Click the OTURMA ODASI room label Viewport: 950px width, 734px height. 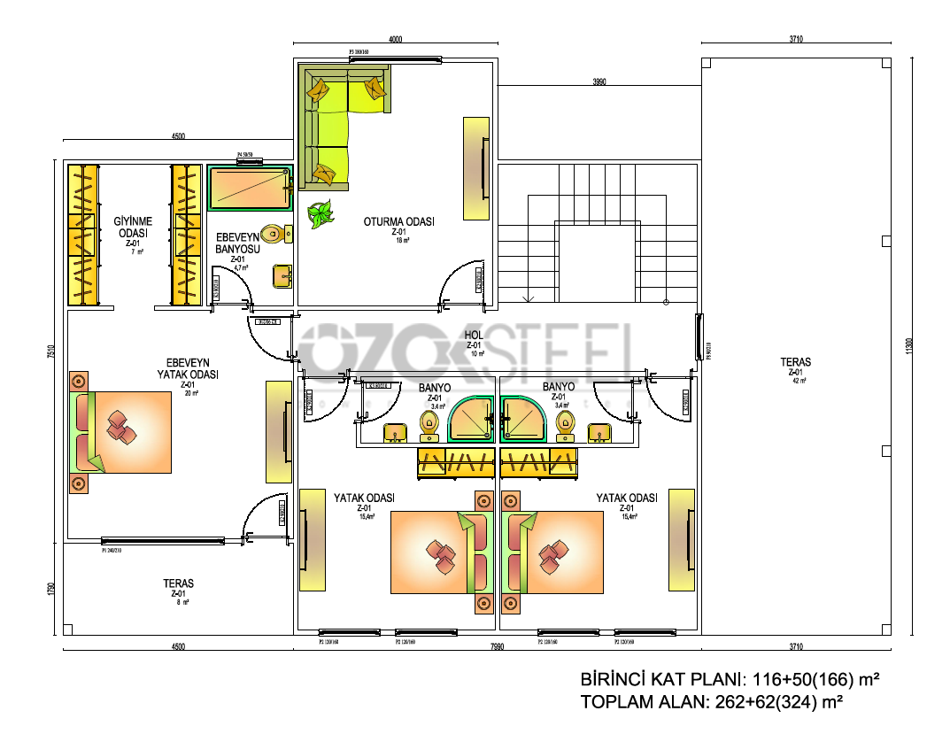[x=398, y=222]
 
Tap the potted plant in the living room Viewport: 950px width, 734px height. [x=320, y=214]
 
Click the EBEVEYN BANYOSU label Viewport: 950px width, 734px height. [x=236, y=243]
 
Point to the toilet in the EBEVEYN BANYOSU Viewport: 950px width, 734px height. [x=276, y=235]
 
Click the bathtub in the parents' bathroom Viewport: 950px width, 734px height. [x=249, y=187]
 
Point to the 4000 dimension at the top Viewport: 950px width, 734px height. [x=395, y=39]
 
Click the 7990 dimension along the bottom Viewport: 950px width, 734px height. [x=497, y=647]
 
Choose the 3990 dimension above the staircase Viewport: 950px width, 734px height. [x=599, y=81]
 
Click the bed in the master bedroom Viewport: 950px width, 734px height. [x=121, y=431]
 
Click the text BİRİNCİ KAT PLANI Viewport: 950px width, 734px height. [x=660, y=680]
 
